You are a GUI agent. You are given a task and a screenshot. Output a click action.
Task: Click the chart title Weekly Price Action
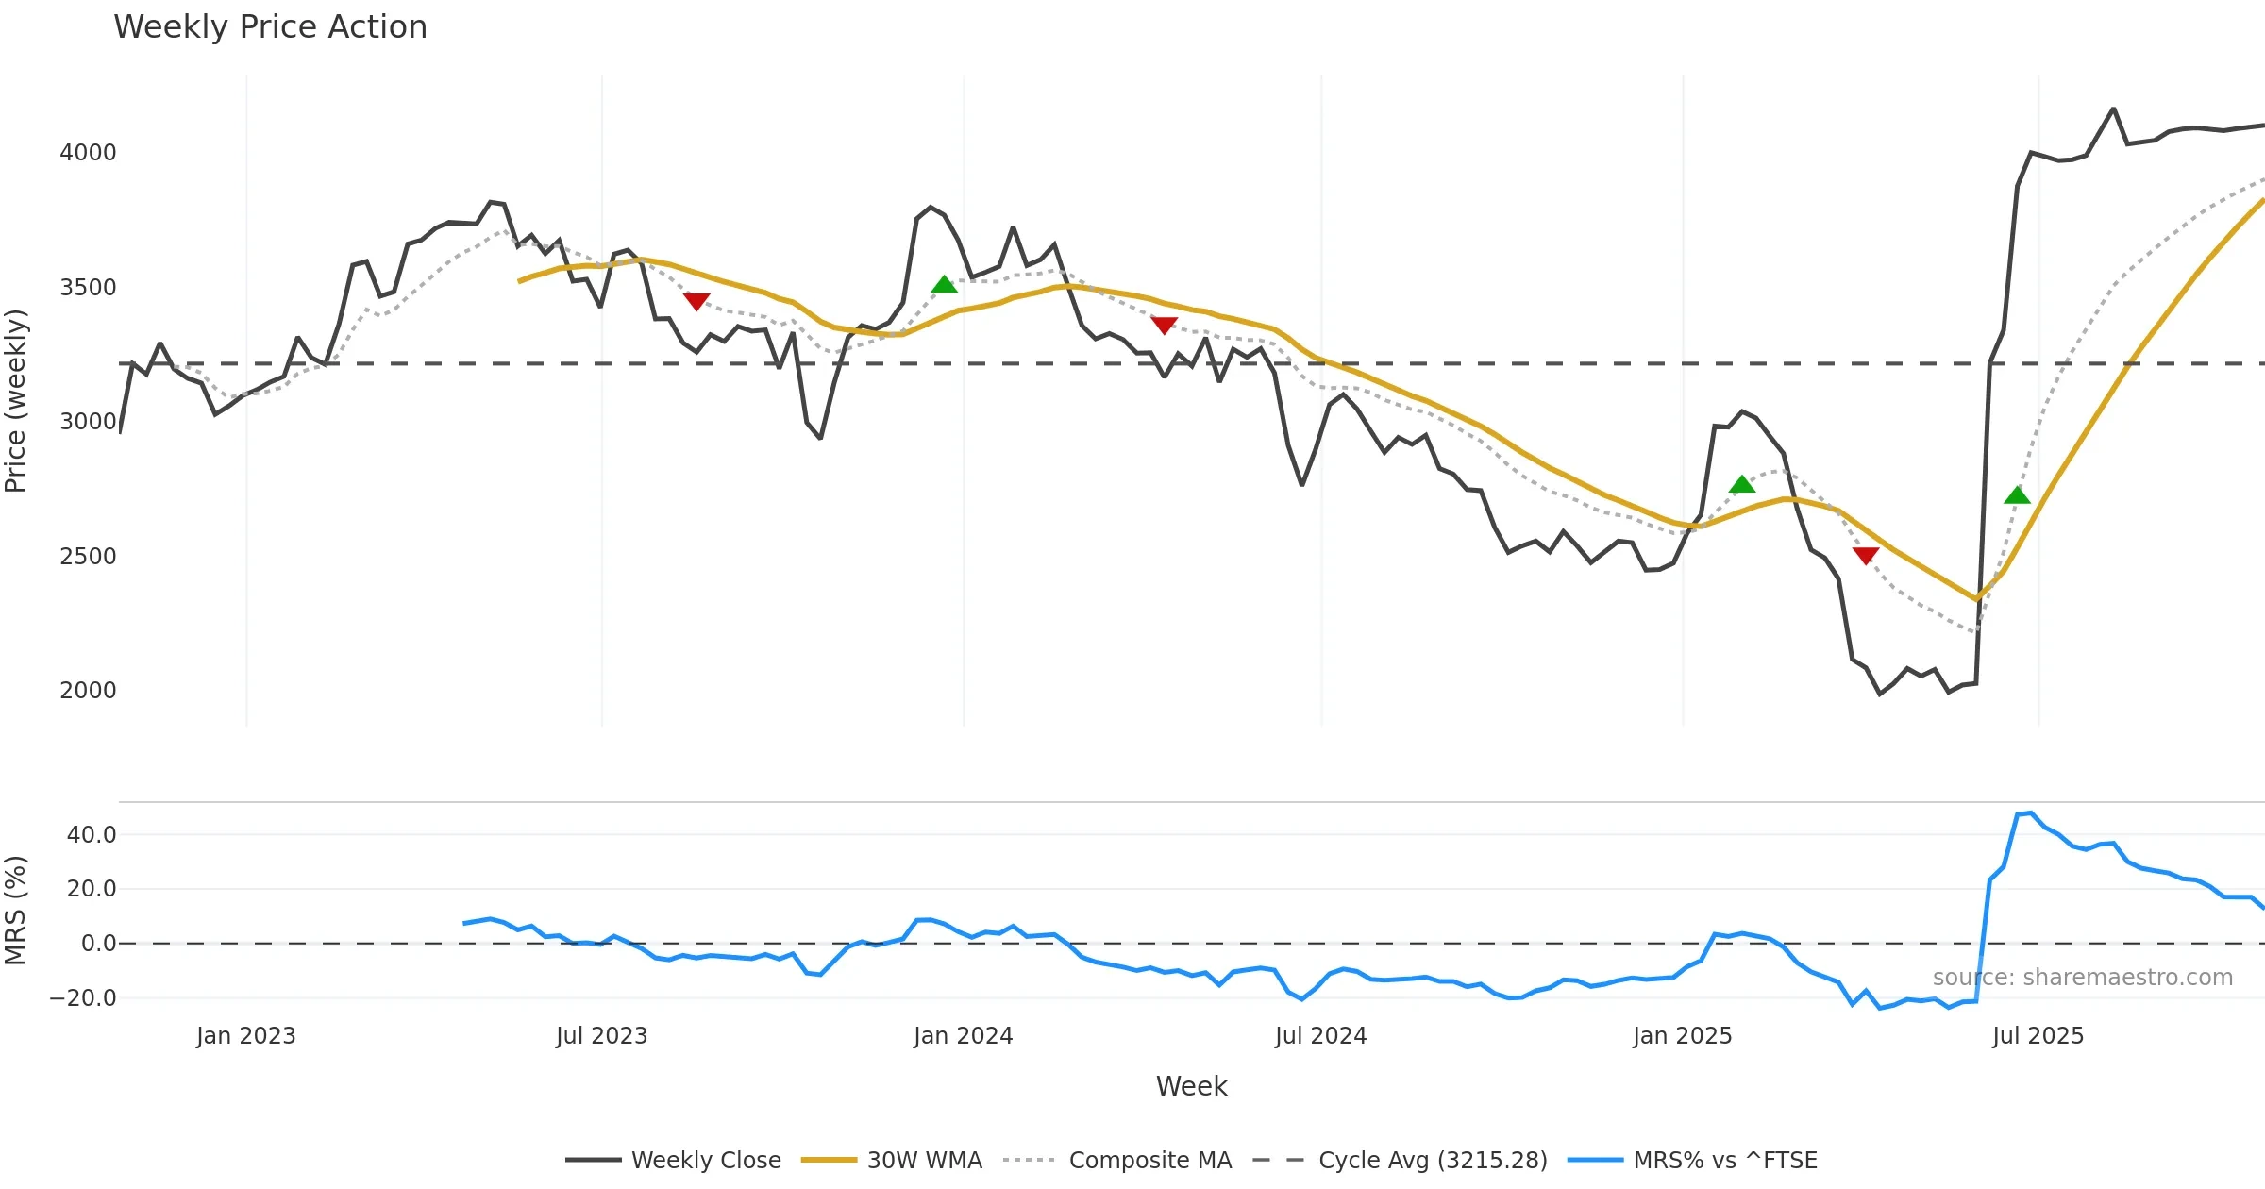coord(270,27)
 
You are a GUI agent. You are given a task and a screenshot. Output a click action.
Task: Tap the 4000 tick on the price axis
coord(88,153)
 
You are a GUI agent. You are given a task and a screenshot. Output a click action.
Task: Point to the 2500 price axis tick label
coord(88,557)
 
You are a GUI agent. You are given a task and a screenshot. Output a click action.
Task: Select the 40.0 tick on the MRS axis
coord(92,835)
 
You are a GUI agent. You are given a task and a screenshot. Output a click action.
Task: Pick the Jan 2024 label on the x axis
coord(963,1036)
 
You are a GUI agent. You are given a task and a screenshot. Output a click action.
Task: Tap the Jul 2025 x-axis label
coord(2038,1036)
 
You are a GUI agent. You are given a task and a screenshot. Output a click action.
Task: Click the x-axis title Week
coord(1191,1087)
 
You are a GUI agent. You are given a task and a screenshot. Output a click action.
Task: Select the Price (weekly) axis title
coord(16,401)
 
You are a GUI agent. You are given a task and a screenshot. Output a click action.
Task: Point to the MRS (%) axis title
coord(16,911)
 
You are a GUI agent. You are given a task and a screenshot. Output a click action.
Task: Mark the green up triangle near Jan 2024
coord(944,285)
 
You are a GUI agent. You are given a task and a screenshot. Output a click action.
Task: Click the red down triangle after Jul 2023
coord(696,301)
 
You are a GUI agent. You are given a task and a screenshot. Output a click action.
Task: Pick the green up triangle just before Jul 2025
coord(2017,495)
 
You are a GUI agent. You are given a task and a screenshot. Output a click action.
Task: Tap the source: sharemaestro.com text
coord(2082,978)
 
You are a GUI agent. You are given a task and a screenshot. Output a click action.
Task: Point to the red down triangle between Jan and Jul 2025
coord(1865,555)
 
